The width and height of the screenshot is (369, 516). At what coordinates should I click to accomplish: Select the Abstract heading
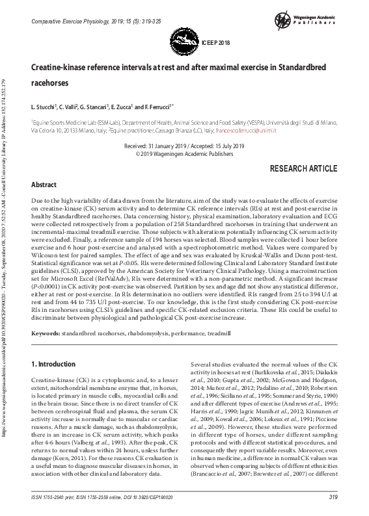[x=44, y=185]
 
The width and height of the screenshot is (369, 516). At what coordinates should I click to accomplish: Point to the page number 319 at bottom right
[x=334, y=497]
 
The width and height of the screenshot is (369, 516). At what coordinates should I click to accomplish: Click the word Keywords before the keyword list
[x=46, y=333]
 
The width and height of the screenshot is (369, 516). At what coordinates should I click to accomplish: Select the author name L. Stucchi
[x=45, y=106]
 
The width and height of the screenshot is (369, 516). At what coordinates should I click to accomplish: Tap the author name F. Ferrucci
[x=156, y=106]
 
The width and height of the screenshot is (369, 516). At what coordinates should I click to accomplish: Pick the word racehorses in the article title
[x=50, y=83]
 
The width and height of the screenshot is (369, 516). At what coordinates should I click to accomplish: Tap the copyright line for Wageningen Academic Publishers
[x=184, y=155]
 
